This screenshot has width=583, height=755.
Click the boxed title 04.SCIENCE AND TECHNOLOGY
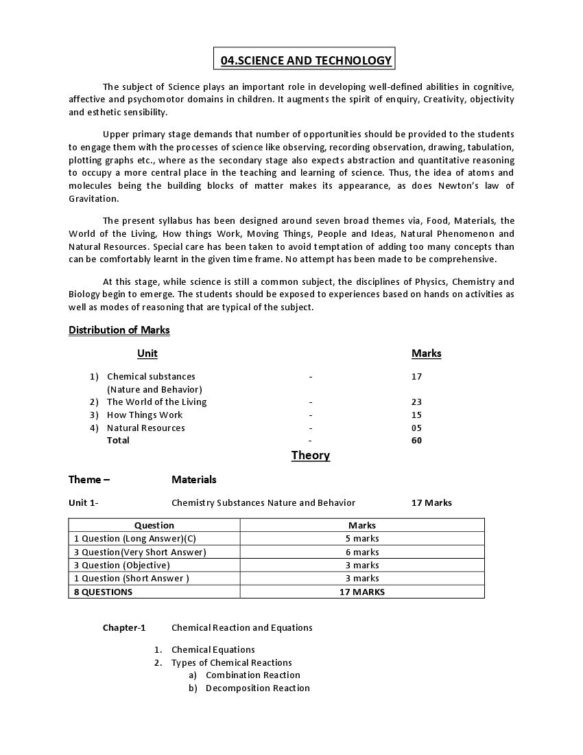pyautogui.click(x=305, y=60)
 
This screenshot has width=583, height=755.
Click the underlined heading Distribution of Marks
pyautogui.click(x=119, y=330)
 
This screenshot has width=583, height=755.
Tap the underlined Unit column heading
pyautogui.click(x=147, y=353)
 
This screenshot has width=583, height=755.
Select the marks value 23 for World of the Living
pyautogui.click(x=416, y=402)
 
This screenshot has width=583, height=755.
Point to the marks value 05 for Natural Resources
pyautogui.click(x=416, y=428)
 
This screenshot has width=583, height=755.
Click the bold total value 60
pyautogui.click(x=416, y=441)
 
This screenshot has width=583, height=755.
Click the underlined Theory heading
pyautogui.click(x=310, y=456)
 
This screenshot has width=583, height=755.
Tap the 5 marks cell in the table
pyautogui.click(x=362, y=539)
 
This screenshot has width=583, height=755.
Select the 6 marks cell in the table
pyautogui.click(x=362, y=552)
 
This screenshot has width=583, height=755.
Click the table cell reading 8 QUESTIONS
pyautogui.click(x=104, y=592)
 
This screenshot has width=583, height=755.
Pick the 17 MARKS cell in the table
pyautogui.click(x=362, y=592)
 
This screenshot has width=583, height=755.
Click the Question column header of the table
pyautogui.click(x=154, y=526)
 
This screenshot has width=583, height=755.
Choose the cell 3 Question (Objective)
pyautogui.click(x=122, y=566)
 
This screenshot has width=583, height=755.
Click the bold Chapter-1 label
pyautogui.click(x=124, y=628)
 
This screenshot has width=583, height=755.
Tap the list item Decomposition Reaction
pyautogui.click(x=257, y=688)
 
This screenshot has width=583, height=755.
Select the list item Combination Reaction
pyautogui.click(x=252, y=675)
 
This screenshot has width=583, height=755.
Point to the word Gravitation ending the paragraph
pyautogui.click(x=93, y=199)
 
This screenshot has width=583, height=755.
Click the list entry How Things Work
pyautogui.click(x=145, y=415)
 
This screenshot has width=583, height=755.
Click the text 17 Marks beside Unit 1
pyautogui.click(x=431, y=503)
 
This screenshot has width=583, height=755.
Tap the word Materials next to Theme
pyautogui.click(x=193, y=480)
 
